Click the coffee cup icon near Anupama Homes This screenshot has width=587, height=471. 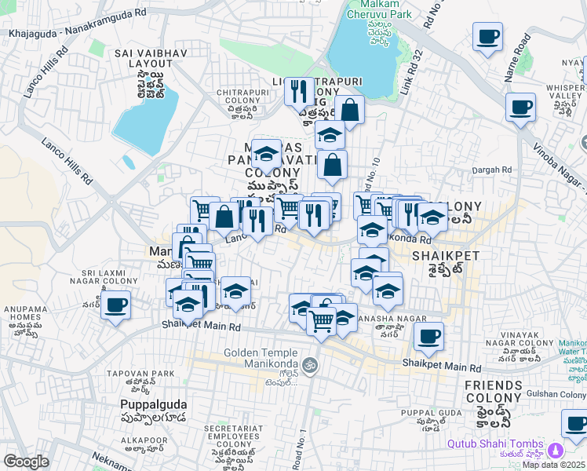pos(115,305)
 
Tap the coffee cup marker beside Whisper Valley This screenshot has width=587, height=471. pos(520,107)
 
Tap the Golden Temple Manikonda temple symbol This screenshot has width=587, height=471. pos(310,365)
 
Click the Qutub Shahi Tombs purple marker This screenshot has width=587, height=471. pos(556,451)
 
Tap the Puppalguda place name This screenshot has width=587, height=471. pos(152,403)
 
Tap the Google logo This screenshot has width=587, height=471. pos(26,462)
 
